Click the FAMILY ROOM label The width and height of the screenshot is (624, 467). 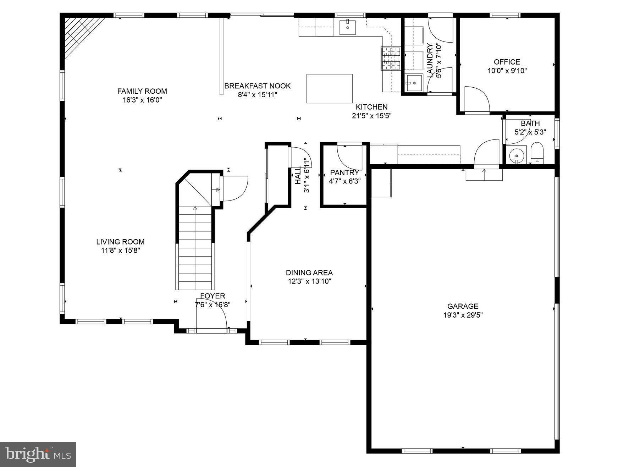point(142,91)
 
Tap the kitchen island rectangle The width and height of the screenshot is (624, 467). point(329,88)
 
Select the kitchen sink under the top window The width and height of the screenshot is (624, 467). point(348,27)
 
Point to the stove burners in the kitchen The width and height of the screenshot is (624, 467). point(391,58)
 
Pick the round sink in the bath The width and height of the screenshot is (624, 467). point(516,155)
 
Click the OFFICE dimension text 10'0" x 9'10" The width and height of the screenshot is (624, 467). point(507,71)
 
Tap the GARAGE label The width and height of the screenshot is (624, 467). point(463,306)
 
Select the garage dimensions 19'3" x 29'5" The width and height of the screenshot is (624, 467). point(463,315)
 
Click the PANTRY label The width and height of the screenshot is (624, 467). point(344,172)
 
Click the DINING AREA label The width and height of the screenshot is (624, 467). point(309,273)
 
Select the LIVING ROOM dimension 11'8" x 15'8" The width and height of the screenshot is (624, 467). point(120,251)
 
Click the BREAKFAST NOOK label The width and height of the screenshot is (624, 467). point(257,86)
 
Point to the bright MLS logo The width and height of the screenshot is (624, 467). point(38,454)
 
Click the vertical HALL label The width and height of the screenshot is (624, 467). point(298,175)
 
